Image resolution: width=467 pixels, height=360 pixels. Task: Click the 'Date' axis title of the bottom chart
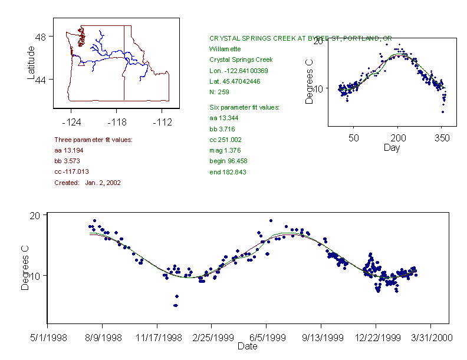click(x=247, y=346)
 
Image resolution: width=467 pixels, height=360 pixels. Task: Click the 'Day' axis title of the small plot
click(x=392, y=147)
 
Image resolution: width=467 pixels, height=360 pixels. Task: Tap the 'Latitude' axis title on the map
click(x=31, y=63)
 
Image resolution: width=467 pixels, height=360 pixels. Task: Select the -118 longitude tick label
click(x=116, y=121)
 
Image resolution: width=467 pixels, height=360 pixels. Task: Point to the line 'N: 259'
click(x=219, y=92)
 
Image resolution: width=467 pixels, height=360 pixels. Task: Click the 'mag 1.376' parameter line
click(x=225, y=150)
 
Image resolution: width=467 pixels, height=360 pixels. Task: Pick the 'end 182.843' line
click(x=228, y=172)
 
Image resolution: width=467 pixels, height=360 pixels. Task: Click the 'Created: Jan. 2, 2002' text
click(x=87, y=183)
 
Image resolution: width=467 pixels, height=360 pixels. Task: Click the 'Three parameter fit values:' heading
click(x=93, y=140)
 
